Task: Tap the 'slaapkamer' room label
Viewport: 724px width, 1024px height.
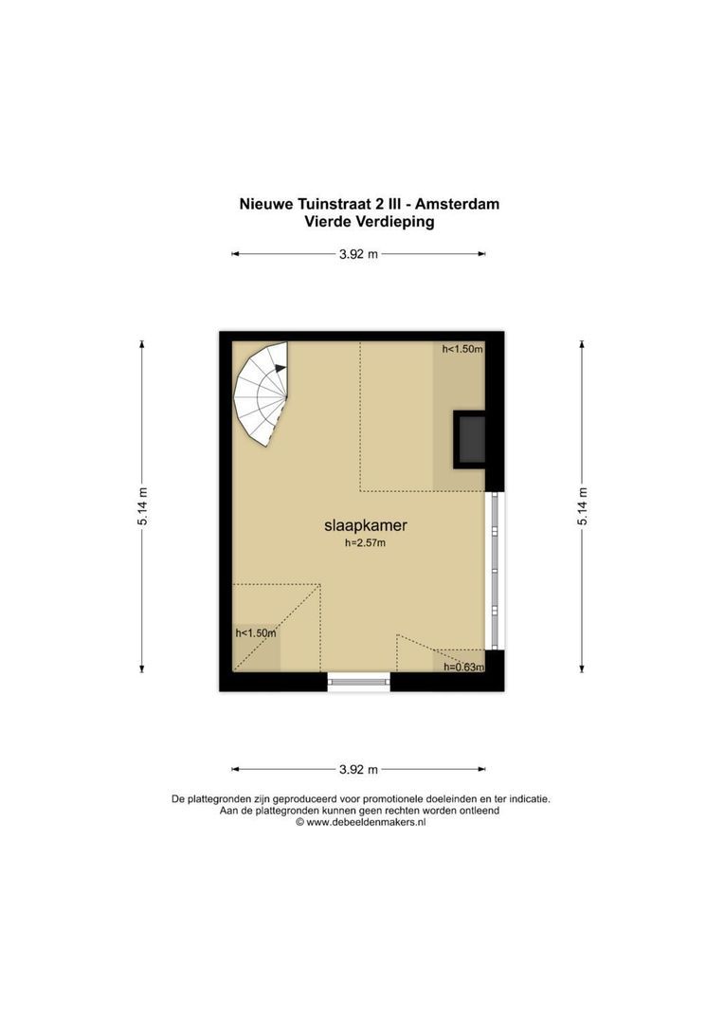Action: point(366,525)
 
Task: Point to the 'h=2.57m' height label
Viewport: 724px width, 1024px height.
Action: point(366,542)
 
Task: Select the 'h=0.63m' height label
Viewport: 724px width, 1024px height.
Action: point(463,667)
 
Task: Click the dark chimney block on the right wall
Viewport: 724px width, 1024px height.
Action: point(470,439)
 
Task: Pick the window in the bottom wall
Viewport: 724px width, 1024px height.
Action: point(358,683)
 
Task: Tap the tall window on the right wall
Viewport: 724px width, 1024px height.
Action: point(495,571)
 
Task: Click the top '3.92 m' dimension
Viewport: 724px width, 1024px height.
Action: point(358,254)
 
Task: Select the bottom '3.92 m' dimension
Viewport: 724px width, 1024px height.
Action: point(358,769)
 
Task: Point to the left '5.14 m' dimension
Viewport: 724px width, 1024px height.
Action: point(142,506)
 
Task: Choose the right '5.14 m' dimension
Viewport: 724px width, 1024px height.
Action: point(582,506)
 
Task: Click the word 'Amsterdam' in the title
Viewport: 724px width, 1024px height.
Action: point(462,204)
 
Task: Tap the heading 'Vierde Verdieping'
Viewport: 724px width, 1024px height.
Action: point(370,221)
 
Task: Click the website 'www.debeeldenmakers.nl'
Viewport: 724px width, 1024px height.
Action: point(366,823)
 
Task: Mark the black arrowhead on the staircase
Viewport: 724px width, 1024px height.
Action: point(281,368)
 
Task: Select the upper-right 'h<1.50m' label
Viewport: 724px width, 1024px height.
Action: point(462,349)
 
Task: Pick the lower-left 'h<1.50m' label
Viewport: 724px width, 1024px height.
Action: point(255,632)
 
